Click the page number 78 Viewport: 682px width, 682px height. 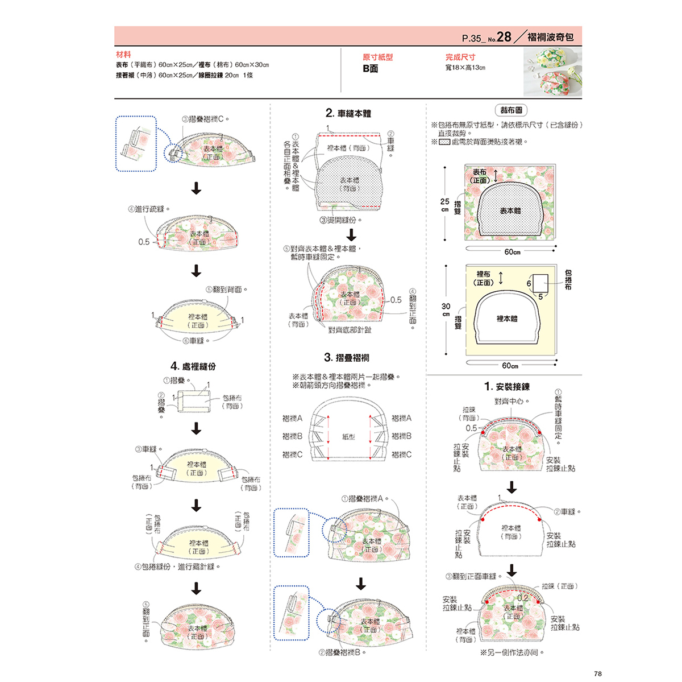pos(597,673)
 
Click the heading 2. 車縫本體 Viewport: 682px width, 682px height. pos(348,113)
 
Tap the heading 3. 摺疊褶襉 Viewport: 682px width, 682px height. pos(346,358)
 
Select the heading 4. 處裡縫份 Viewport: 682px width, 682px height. pos(193,366)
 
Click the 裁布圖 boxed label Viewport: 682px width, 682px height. pos(511,110)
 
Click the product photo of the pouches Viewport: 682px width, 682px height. pos(552,72)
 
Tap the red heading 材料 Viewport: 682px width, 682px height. pos(123,55)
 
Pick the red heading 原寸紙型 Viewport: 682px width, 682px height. pos(377,57)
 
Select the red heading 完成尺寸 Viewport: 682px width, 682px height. pos(460,57)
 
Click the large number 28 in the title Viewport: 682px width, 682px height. pos(504,38)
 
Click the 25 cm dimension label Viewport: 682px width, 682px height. pos(444,205)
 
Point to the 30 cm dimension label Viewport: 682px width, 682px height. pos(446,309)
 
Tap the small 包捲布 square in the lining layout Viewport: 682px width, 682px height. pos(540,283)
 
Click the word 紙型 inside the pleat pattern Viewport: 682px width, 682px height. pos(348,437)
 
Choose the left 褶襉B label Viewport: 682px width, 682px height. pos(292,436)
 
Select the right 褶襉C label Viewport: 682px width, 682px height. pos(401,454)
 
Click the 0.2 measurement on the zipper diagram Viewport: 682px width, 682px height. pos(522,598)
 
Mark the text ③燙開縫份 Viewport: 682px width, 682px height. pos(340,220)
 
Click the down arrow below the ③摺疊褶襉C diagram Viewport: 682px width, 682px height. pos(196,188)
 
